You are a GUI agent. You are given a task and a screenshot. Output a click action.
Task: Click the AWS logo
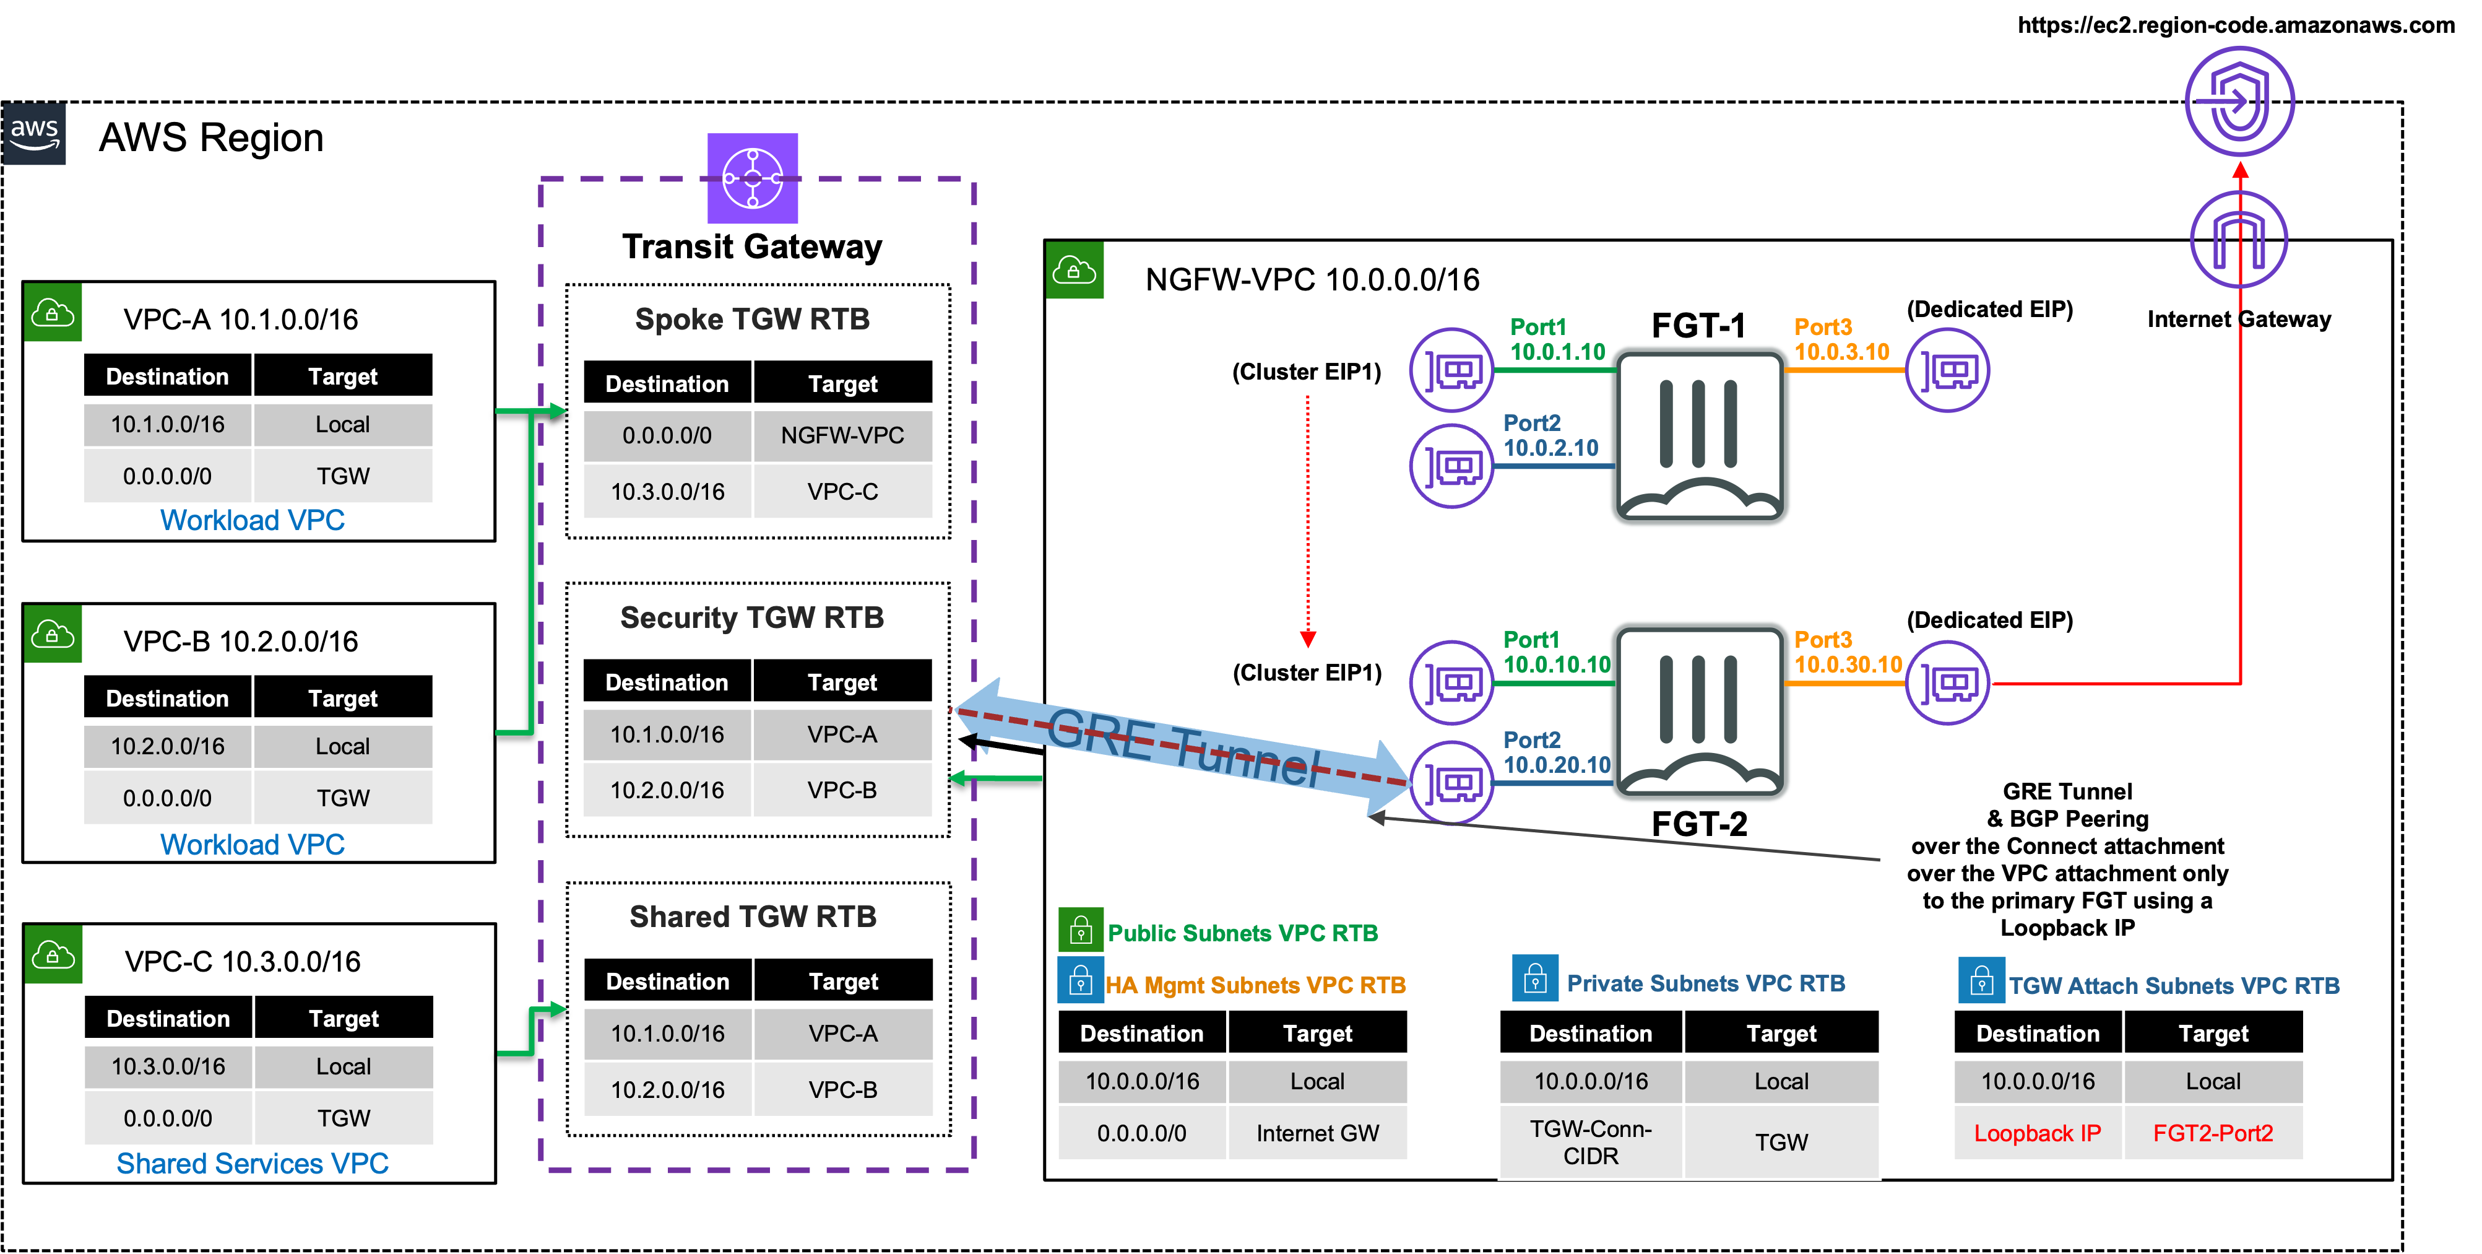[35, 133]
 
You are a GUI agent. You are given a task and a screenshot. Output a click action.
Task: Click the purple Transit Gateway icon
[753, 178]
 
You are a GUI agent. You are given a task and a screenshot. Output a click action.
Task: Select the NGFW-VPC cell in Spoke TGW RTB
[842, 436]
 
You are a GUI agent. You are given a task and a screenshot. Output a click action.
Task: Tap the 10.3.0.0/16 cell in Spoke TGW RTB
[667, 492]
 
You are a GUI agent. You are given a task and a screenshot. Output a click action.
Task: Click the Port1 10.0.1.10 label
[1556, 339]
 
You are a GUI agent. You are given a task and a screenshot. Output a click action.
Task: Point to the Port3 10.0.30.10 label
[1847, 653]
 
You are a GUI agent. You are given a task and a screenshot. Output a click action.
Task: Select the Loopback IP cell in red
[2037, 1133]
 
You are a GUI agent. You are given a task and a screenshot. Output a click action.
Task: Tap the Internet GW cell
[1317, 1133]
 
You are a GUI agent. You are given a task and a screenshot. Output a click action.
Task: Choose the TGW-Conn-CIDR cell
[1590, 1141]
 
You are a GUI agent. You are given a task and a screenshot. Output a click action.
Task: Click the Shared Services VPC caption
[253, 1164]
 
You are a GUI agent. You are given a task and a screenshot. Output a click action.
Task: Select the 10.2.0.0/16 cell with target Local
[168, 746]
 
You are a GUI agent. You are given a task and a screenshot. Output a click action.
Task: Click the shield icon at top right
[2239, 100]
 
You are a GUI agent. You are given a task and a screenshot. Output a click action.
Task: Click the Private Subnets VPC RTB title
[1705, 983]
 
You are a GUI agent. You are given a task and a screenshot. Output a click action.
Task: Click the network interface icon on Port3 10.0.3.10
[1947, 370]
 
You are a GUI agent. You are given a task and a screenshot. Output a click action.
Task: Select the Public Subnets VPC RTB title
[1242, 933]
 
